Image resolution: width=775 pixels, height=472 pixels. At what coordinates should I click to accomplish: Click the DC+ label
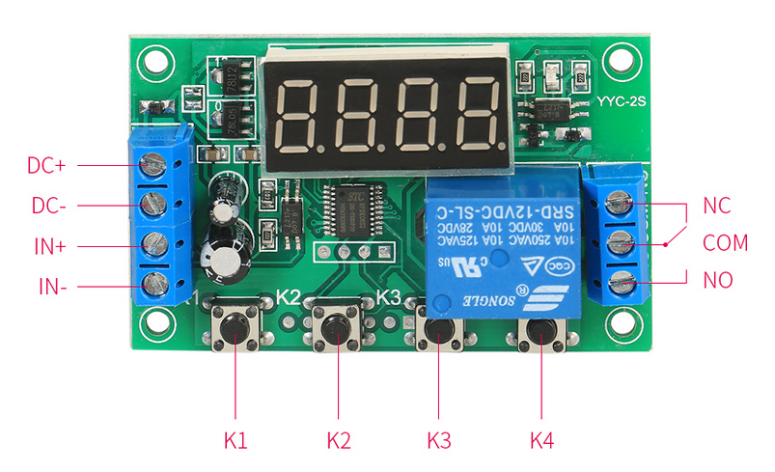click(x=46, y=165)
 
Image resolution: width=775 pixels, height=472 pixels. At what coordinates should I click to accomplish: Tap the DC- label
click(x=46, y=206)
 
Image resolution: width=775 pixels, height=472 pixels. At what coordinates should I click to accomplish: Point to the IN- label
click(x=50, y=287)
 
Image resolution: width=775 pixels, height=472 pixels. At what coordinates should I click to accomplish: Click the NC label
click(x=717, y=206)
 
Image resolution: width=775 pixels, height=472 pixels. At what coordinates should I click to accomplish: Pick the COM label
click(x=725, y=243)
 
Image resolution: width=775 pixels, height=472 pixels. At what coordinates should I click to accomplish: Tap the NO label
click(x=718, y=281)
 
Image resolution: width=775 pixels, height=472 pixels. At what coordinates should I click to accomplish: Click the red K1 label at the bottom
click(x=236, y=441)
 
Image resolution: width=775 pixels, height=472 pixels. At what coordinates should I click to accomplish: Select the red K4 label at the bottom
click(x=542, y=441)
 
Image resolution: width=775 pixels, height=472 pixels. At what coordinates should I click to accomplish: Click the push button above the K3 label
click(x=439, y=329)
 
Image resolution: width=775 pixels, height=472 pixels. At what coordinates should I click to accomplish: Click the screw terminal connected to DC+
click(x=152, y=166)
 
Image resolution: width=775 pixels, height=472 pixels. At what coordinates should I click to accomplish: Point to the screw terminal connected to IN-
click(x=152, y=286)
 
